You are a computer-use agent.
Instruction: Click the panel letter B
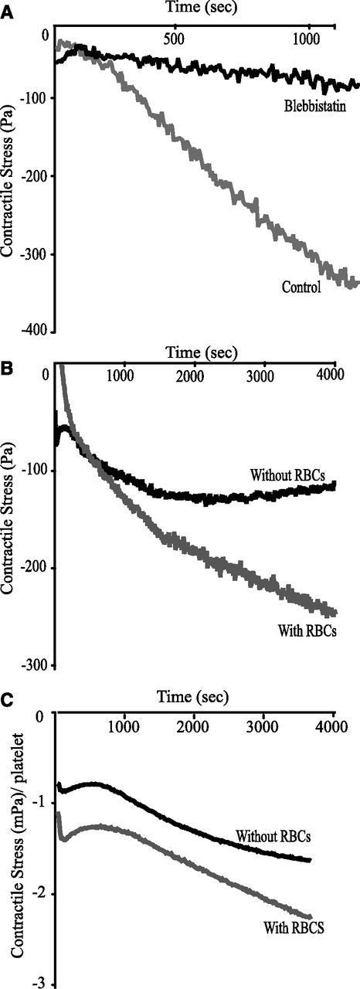[8, 369]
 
